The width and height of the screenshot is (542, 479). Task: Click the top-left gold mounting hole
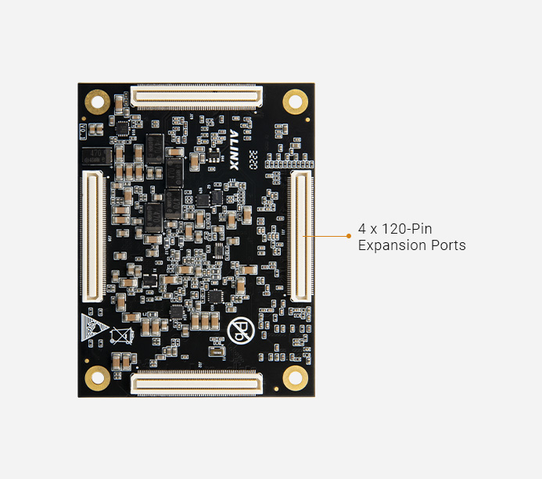click(97, 100)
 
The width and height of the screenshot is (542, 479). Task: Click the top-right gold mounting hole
click(295, 100)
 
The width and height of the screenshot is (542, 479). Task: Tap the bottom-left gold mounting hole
click(97, 379)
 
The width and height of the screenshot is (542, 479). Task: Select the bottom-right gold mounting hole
click(295, 379)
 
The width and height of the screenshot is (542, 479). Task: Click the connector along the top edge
click(196, 97)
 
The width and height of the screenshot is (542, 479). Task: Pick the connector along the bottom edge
click(196, 382)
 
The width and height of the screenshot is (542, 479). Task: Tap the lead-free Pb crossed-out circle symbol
click(240, 327)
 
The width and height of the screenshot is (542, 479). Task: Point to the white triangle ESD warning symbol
click(92, 327)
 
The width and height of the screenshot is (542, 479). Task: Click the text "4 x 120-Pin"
click(395, 229)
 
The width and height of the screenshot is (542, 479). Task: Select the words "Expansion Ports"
click(411, 245)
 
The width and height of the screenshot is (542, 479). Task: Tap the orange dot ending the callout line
click(348, 234)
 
